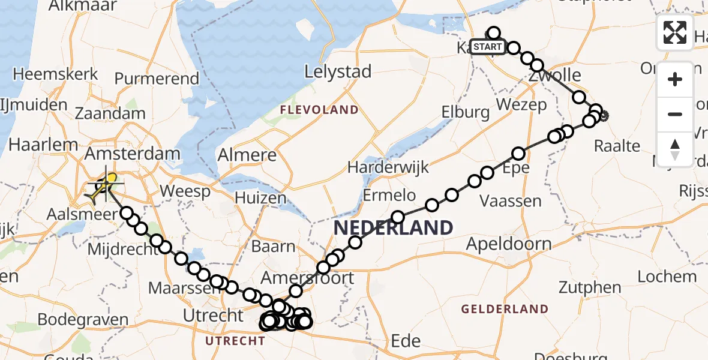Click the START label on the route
487,47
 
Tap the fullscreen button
675,32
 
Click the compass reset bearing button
675,149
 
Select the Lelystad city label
338,71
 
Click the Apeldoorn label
509,244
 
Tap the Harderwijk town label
397,167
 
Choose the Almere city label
248,155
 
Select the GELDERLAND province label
505,310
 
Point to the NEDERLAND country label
393,228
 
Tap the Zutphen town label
590,287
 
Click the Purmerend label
157,79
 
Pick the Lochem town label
667,277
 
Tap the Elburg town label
466,112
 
